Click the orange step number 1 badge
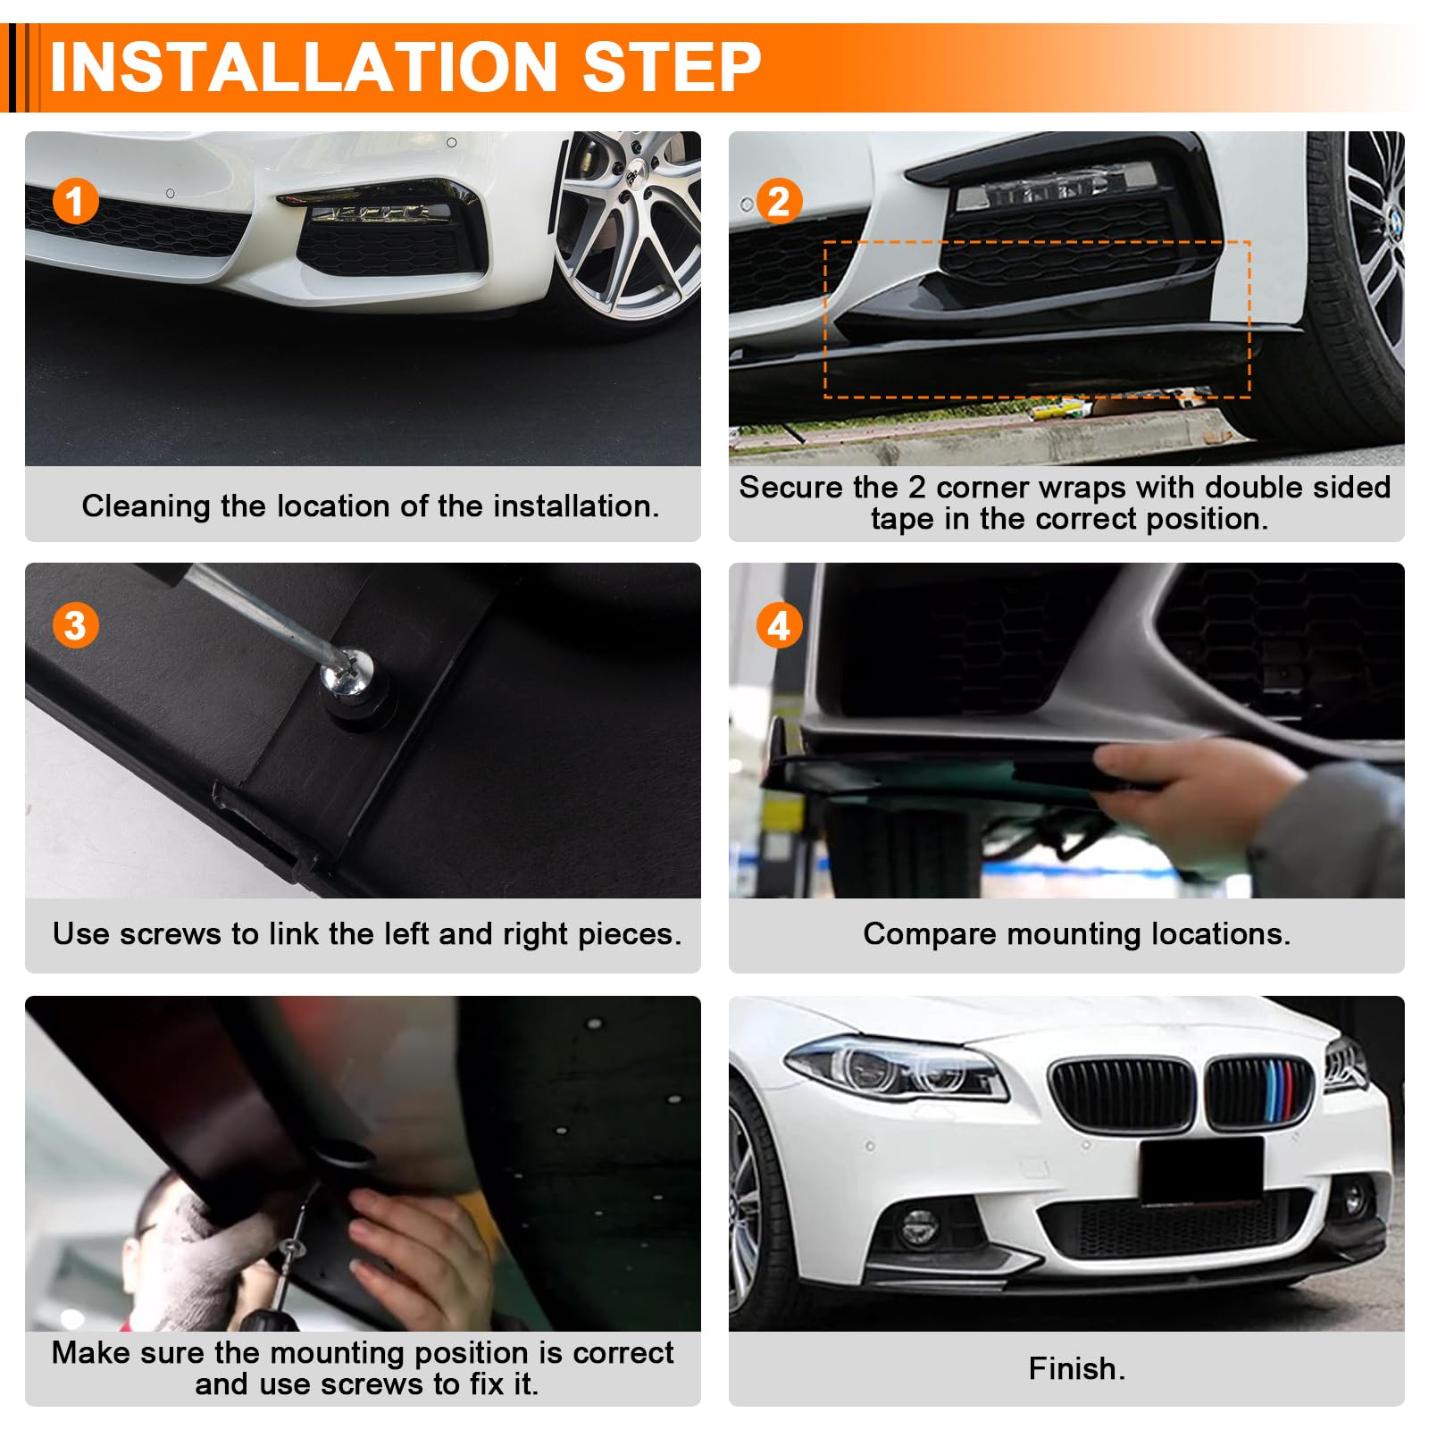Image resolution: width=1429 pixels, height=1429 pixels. pyautogui.click(x=75, y=201)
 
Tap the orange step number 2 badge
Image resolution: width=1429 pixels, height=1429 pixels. pyautogui.click(x=779, y=201)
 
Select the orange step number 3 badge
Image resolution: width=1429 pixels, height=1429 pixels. pyautogui.click(x=75, y=625)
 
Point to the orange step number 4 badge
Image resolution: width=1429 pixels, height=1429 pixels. pyautogui.click(x=779, y=625)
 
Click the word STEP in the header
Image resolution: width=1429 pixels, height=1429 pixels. pyautogui.click(x=672, y=67)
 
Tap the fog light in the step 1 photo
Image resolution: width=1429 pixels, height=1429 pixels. pyautogui.click(x=380, y=213)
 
